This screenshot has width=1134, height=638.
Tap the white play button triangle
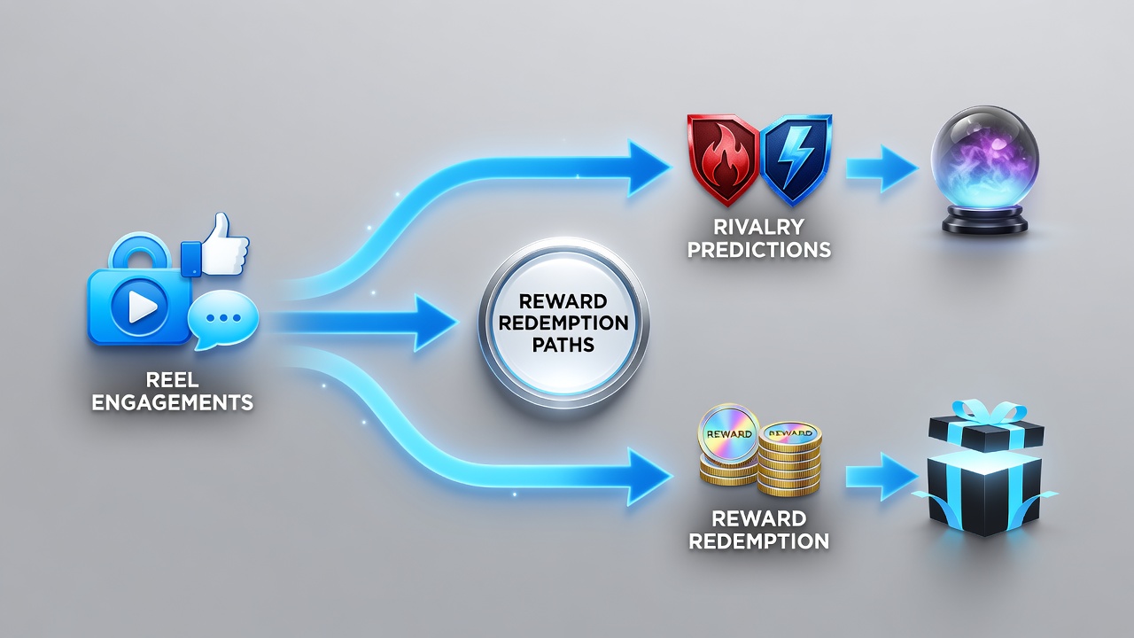(141, 306)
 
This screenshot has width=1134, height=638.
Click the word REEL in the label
(172, 380)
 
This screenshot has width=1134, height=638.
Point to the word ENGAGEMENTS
(172, 402)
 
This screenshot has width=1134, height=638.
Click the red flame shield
(723, 159)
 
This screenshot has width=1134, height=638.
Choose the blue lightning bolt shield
(796, 159)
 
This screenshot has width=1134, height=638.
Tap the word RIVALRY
(758, 227)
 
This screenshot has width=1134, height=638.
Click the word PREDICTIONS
(758, 250)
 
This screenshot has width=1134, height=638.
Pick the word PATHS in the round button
(563, 345)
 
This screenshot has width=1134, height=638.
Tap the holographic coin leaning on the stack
(728, 434)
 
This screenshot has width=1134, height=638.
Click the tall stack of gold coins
(789, 459)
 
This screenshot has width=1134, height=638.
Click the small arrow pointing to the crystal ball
(882, 168)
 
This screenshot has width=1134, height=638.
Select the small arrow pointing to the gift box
(882, 477)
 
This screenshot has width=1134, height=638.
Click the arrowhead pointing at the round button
(434, 323)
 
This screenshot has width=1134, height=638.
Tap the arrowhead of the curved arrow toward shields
(648, 168)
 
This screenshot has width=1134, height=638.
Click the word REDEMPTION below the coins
(758, 541)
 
